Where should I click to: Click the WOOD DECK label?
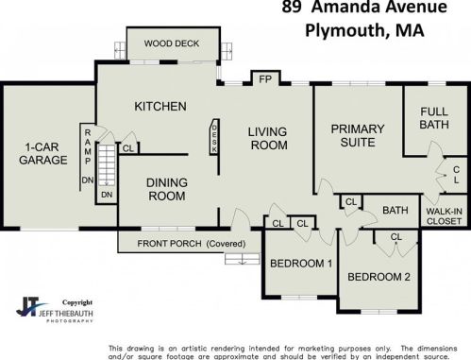tap(172, 43)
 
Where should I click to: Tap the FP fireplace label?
tap(265, 79)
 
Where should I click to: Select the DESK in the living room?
tap(214, 137)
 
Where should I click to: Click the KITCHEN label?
tap(160, 107)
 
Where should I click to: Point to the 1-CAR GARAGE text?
tap(43, 154)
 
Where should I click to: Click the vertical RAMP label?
tap(88, 146)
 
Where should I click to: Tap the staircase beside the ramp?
tap(107, 165)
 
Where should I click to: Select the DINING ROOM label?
tap(167, 189)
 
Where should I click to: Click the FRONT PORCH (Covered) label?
tap(192, 244)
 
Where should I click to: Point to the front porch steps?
tap(243, 259)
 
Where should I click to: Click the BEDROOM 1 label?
tap(301, 264)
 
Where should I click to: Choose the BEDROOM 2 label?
tap(378, 277)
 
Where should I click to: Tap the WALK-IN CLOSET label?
tap(444, 216)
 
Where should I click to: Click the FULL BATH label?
tap(434, 118)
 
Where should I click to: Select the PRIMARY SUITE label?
tap(358, 136)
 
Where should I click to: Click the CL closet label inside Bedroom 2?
tap(396, 237)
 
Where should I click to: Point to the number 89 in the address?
tap(292, 7)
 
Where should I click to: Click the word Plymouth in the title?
tap(345, 31)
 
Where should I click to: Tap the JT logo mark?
tap(30, 306)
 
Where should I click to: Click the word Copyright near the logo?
tap(77, 302)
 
